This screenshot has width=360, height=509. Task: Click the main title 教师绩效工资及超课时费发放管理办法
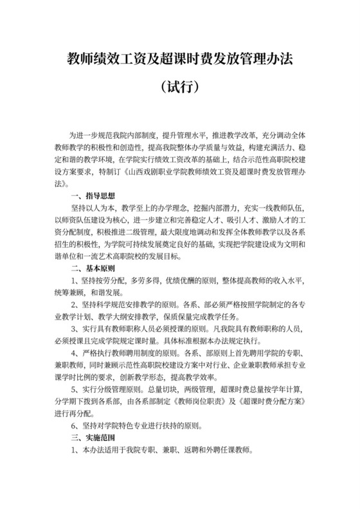pos(180,59)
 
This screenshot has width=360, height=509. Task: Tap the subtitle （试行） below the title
pos(180,86)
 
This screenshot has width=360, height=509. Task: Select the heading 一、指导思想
pos(93,195)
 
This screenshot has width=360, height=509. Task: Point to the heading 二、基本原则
pos(93,268)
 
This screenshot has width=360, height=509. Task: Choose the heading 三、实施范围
pos(93,438)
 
